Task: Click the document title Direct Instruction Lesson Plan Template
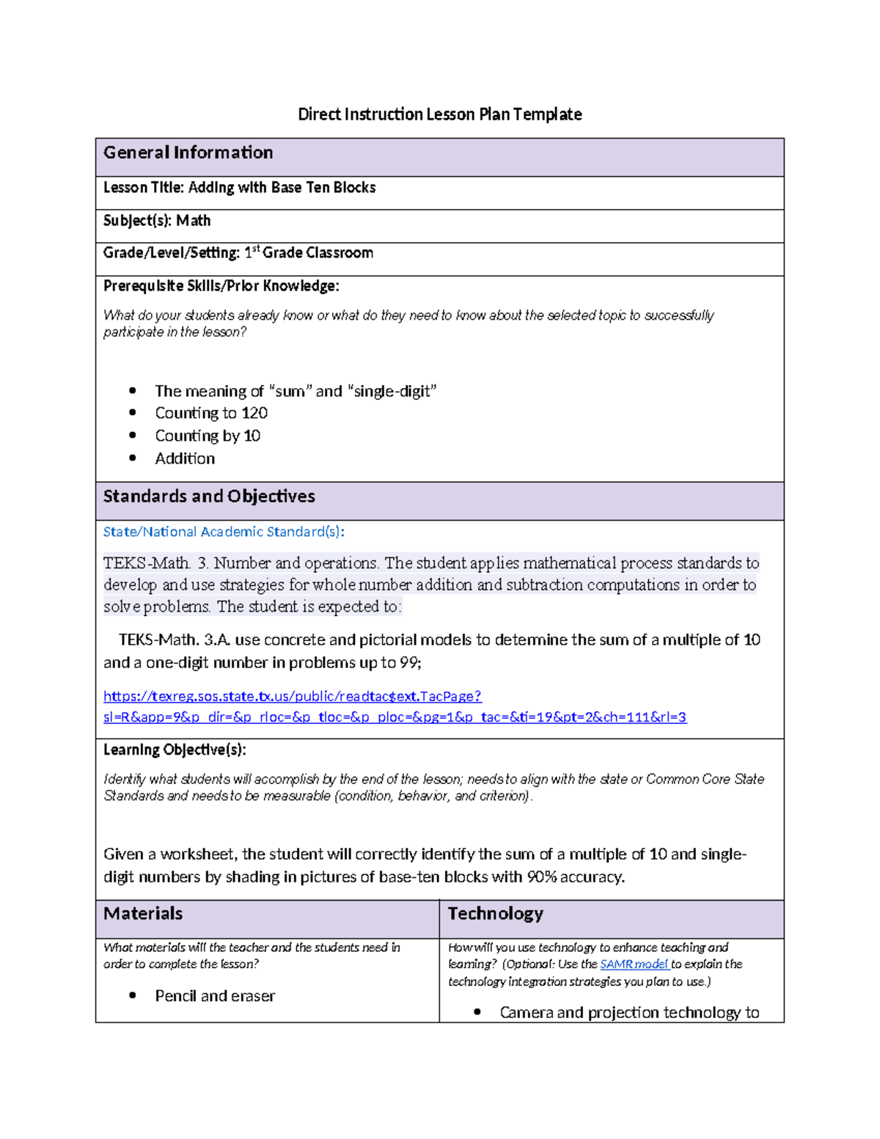(439, 114)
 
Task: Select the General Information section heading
(188, 153)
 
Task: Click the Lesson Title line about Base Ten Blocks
(239, 188)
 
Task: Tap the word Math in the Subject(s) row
(194, 221)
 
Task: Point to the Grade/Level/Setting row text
(238, 253)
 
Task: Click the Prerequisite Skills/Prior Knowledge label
(221, 286)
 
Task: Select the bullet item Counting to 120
(211, 413)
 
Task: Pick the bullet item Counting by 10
(208, 436)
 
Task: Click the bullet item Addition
(185, 458)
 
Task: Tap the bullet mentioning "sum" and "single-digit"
(296, 391)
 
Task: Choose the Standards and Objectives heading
(209, 497)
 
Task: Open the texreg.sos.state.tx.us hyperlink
(293, 696)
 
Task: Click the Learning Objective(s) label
(175, 750)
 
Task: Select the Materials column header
(143, 914)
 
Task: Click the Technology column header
(496, 914)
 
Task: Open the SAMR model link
(634, 964)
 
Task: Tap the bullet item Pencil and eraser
(215, 996)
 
